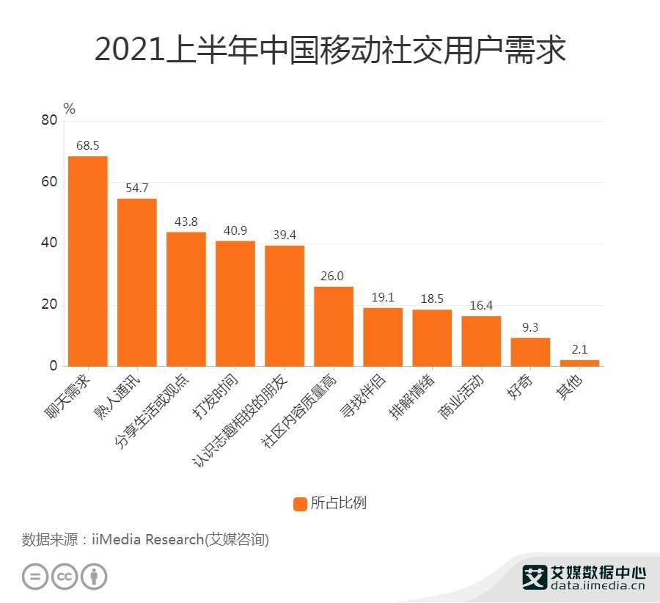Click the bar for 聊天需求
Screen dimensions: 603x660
point(88,261)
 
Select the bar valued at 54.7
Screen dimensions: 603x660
point(137,282)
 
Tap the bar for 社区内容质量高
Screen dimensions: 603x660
point(334,326)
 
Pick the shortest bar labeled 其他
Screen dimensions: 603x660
point(579,363)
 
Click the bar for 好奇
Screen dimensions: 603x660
point(530,352)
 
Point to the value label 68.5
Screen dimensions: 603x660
point(88,145)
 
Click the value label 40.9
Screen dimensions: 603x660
point(235,230)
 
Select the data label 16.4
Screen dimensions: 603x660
point(481,305)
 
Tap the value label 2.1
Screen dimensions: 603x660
point(579,349)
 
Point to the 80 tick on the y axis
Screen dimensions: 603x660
point(49,121)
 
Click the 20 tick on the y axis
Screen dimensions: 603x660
point(49,305)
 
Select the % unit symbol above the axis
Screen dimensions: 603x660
point(70,109)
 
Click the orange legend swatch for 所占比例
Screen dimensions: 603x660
point(300,504)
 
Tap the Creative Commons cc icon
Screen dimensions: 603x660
point(65,577)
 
